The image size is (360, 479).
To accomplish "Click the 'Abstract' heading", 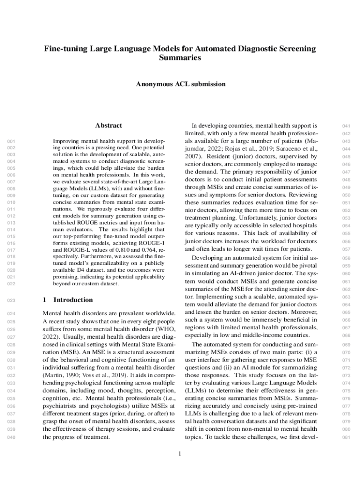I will (x=108, y=125).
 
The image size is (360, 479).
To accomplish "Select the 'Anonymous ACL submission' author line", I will (x=180, y=84).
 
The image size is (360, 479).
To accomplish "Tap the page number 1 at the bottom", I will (x=180, y=453).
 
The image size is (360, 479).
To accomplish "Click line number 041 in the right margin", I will (x=346, y=126).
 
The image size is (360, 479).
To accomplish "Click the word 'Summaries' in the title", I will (x=180, y=58).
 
